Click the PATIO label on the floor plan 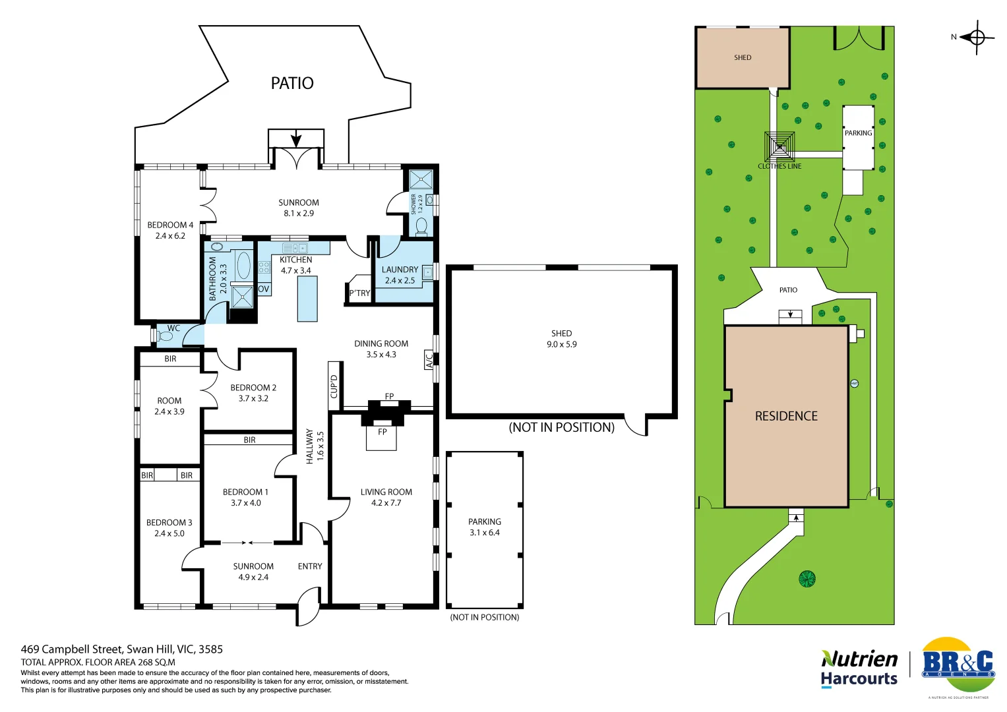pyautogui.click(x=292, y=83)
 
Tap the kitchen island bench pyautogui.click(x=307, y=299)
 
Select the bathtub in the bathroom pyautogui.click(x=243, y=265)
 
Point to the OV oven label pyautogui.click(x=264, y=289)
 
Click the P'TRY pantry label pyautogui.click(x=359, y=293)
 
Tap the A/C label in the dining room pyautogui.click(x=429, y=360)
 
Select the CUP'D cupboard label pyautogui.click(x=334, y=386)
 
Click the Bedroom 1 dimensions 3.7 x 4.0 pyautogui.click(x=245, y=503)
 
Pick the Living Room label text pyautogui.click(x=386, y=492)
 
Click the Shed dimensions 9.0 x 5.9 pyautogui.click(x=561, y=344)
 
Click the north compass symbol pyautogui.click(x=977, y=38)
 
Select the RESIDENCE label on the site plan pyautogui.click(x=786, y=416)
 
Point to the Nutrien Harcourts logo pyautogui.click(x=859, y=668)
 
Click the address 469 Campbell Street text pyautogui.click(x=122, y=649)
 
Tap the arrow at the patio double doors pyautogui.click(x=296, y=139)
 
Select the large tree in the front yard pyautogui.click(x=807, y=579)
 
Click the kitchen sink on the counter pyautogui.click(x=294, y=249)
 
